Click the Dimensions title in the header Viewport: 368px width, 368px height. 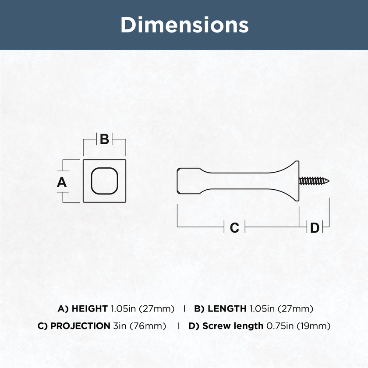(184, 25)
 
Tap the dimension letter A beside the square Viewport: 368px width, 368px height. (62, 182)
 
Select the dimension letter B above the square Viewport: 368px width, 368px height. (104, 139)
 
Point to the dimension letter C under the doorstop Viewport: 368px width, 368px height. (234, 227)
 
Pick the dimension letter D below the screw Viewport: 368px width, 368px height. (315, 227)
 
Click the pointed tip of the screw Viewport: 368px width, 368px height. (329, 180)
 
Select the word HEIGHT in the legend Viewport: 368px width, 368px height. (90, 308)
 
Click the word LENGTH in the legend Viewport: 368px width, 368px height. (227, 308)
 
